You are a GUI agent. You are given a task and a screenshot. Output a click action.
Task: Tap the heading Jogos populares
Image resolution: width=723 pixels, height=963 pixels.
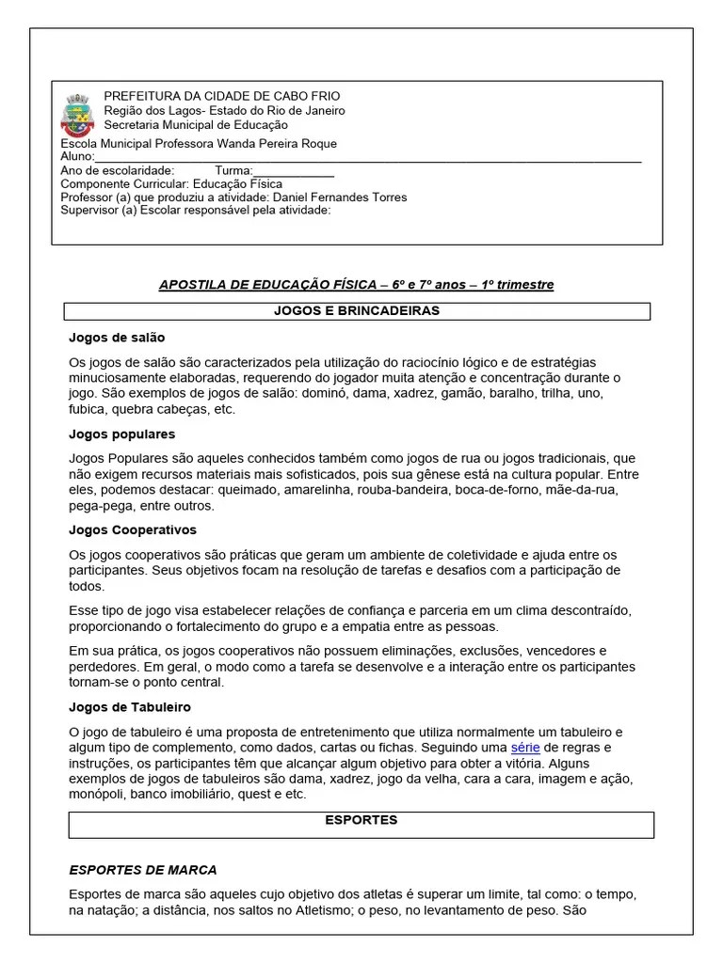[x=121, y=434]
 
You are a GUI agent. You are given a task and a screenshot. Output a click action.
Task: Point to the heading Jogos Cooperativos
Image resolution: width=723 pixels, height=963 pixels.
[x=133, y=530]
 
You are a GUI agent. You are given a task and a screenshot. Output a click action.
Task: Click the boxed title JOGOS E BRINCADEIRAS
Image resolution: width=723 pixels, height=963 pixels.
[x=356, y=311]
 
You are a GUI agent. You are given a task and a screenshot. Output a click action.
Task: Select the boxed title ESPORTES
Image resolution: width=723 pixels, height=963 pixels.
[x=361, y=820]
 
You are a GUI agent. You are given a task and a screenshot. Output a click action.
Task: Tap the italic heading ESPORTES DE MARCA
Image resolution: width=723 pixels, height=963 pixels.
[x=143, y=870]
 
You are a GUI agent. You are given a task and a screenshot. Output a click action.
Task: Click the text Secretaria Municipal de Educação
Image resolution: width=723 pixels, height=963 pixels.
[x=196, y=124]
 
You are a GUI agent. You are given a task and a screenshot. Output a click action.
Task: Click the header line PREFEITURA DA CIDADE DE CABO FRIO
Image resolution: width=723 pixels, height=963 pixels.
[x=222, y=96]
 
